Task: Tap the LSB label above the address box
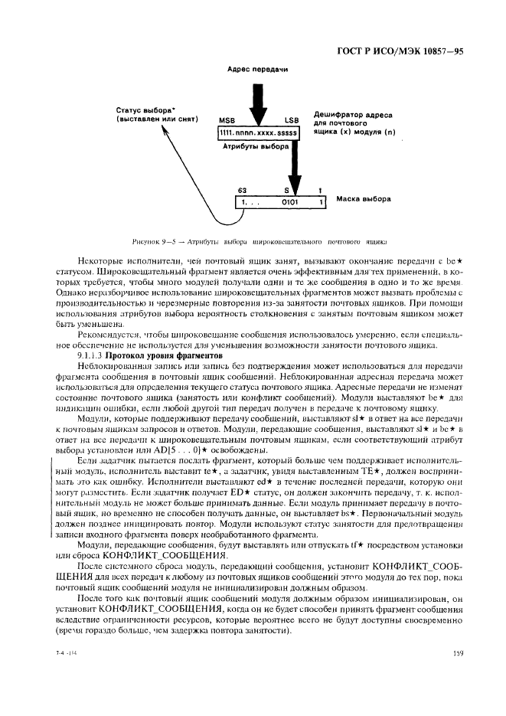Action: pos(292,121)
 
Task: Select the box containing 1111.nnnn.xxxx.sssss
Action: pos(260,133)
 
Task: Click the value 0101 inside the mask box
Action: pos(289,202)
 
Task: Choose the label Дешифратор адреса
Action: pos(353,114)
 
